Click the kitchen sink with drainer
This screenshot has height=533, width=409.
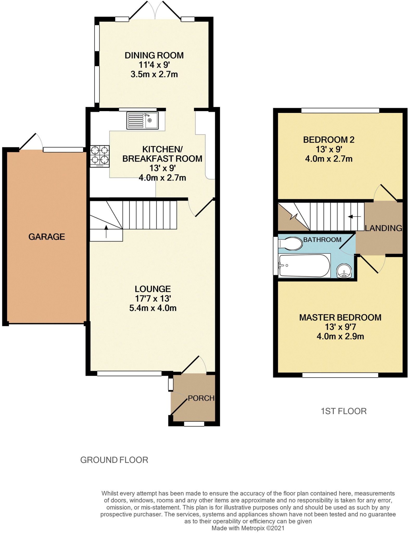[142, 120]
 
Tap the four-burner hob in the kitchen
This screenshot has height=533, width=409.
[100, 156]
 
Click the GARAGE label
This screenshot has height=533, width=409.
[47, 237]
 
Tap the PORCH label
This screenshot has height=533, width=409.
[201, 398]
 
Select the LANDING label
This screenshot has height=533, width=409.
[383, 228]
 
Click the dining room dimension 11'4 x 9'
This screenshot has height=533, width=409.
[154, 65]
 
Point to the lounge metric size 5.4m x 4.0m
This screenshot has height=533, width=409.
[153, 308]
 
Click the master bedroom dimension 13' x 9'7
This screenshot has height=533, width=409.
[340, 327]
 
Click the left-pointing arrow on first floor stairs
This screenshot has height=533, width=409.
[354, 217]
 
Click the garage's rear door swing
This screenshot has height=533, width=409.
[31, 142]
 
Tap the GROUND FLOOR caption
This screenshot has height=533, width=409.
[114, 460]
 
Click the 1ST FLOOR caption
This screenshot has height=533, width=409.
[344, 411]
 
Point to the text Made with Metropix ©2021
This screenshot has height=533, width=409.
[248, 528]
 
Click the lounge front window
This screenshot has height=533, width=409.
[129, 373]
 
